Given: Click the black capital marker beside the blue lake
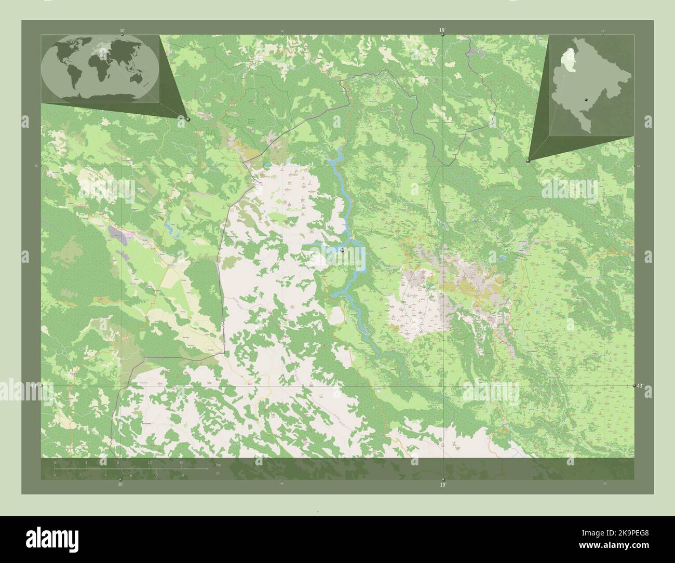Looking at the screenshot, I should pyautogui.click(x=343, y=250).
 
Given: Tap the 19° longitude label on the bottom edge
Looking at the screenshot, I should pyautogui.click(x=443, y=485).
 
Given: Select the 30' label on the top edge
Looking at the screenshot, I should pyautogui.click(x=122, y=31).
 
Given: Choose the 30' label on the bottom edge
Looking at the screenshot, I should pyautogui.click(x=120, y=485).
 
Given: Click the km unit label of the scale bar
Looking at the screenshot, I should pyautogui.click(x=218, y=465).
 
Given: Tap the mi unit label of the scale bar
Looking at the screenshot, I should pyautogui.click(x=218, y=472).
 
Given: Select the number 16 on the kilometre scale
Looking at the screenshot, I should pyautogui.click(x=181, y=462).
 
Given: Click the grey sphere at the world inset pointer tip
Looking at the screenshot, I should pyautogui.click(x=188, y=119).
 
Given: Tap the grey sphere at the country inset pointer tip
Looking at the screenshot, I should pyautogui.click(x=528, y=161).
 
